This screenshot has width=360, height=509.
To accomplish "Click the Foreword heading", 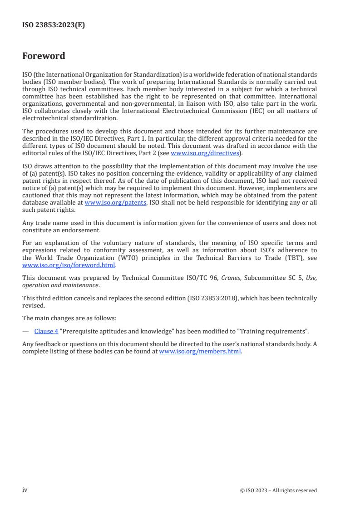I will (44, 56).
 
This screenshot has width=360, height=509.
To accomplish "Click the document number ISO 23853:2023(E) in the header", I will (54, 25).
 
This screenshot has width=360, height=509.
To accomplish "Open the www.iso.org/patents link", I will (115, 203).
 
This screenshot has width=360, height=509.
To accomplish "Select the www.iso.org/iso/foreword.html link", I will (69, 265).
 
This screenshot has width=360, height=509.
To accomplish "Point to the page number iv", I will (25, 489).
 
